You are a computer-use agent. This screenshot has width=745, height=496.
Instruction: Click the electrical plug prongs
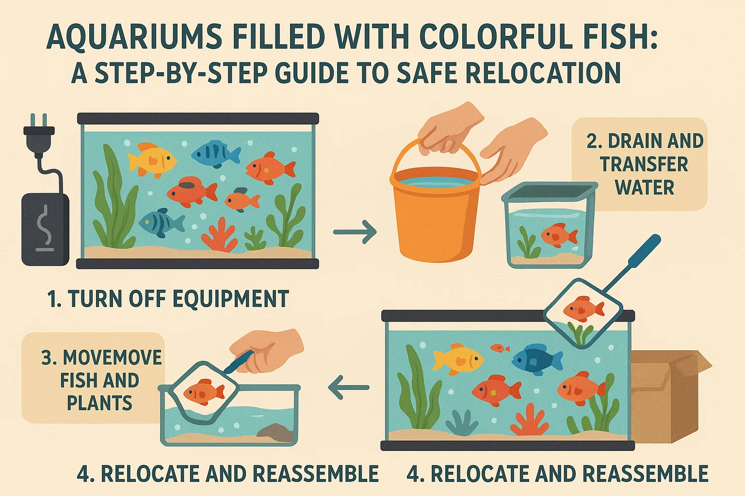[x=38, y=121]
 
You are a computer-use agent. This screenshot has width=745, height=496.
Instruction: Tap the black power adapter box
[x=45, y=229]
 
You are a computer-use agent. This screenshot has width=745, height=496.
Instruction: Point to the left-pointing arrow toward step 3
[x=349, y=387]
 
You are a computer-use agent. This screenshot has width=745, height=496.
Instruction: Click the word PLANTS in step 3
[x=99, y=403]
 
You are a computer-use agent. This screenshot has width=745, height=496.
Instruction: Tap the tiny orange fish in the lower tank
[x=500, y=348]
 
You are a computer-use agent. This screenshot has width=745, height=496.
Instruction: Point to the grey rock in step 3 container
[x=275, y=432]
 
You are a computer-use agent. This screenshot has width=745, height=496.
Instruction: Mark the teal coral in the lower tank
[x=461, y=422]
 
